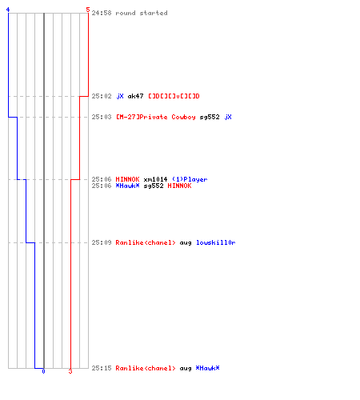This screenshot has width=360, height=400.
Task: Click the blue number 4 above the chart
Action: click(8, 10)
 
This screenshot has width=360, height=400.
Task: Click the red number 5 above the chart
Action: click(88, 10)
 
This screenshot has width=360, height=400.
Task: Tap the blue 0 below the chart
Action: click(43, 371)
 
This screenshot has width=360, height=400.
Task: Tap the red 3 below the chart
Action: click(70, 371)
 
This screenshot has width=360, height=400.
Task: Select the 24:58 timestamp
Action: click(102, 13)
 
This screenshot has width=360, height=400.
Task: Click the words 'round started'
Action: click(142, 13)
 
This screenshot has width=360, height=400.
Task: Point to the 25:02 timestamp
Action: click(102, 96)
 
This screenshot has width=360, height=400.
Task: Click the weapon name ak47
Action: click(135, 96)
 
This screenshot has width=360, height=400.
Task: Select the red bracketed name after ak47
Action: click(174, 96)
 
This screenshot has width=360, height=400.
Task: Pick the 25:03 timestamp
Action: click(102, 117)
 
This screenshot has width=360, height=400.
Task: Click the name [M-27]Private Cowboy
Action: click(156, 117)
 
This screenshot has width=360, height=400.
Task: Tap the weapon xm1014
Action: click(155, 179)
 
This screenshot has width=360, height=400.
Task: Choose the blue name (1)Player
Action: click(190, 179)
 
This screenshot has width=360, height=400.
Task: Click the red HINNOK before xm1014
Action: click(127, 179)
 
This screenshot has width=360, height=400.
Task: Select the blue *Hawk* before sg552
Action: click(127, 186)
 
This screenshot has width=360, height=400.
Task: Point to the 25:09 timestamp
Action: click(102, 242)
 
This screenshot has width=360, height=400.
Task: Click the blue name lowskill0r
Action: click(216, 242)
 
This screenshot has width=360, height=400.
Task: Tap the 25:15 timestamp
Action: click(102, 368)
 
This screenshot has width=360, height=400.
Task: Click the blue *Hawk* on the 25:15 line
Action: click(207, 368)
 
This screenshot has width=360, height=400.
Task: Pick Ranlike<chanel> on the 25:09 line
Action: click(146, 242)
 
